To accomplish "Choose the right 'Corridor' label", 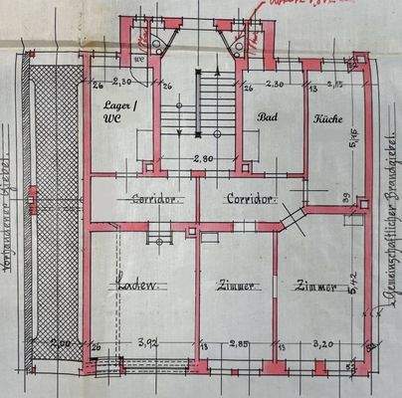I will coord(249,199).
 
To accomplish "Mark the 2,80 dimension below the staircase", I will coord(203,158).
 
